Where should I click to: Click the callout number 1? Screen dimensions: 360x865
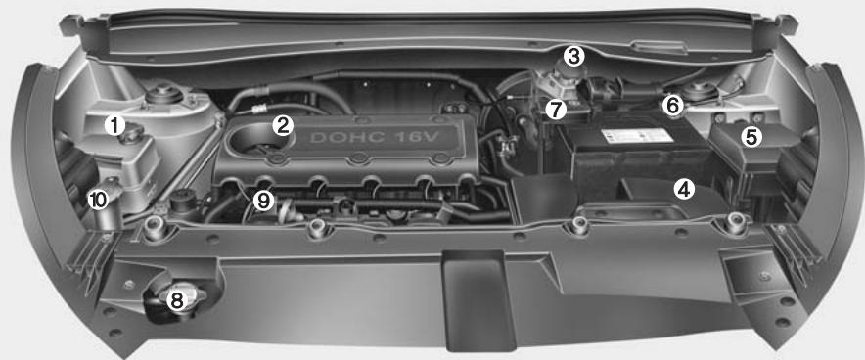115,124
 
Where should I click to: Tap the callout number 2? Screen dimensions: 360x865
283,124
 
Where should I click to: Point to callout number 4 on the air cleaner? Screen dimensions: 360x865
685,189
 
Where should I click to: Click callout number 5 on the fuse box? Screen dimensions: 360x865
751,137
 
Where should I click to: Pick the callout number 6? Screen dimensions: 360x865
672,103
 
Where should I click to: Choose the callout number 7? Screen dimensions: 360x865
555,108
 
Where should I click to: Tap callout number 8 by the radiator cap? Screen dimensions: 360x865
176,300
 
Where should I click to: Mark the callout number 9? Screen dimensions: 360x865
261,201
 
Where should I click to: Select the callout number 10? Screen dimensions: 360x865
97,200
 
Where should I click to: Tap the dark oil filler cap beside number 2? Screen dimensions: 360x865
257,138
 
